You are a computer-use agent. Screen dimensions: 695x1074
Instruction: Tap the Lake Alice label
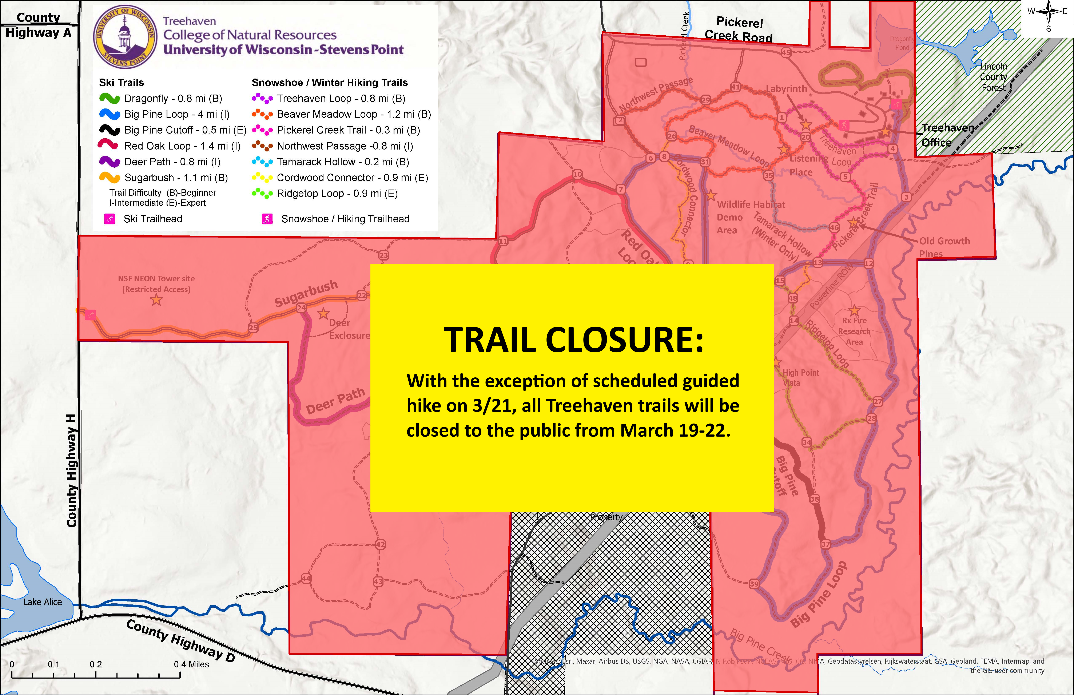(42, 602)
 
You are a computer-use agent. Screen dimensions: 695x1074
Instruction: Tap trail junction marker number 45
(786, 53)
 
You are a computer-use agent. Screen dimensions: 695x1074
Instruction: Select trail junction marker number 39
(754, 584)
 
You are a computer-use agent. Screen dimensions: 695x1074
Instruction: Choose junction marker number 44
(306, 579)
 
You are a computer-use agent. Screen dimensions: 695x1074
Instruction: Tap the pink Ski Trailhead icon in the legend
(110, 219)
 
